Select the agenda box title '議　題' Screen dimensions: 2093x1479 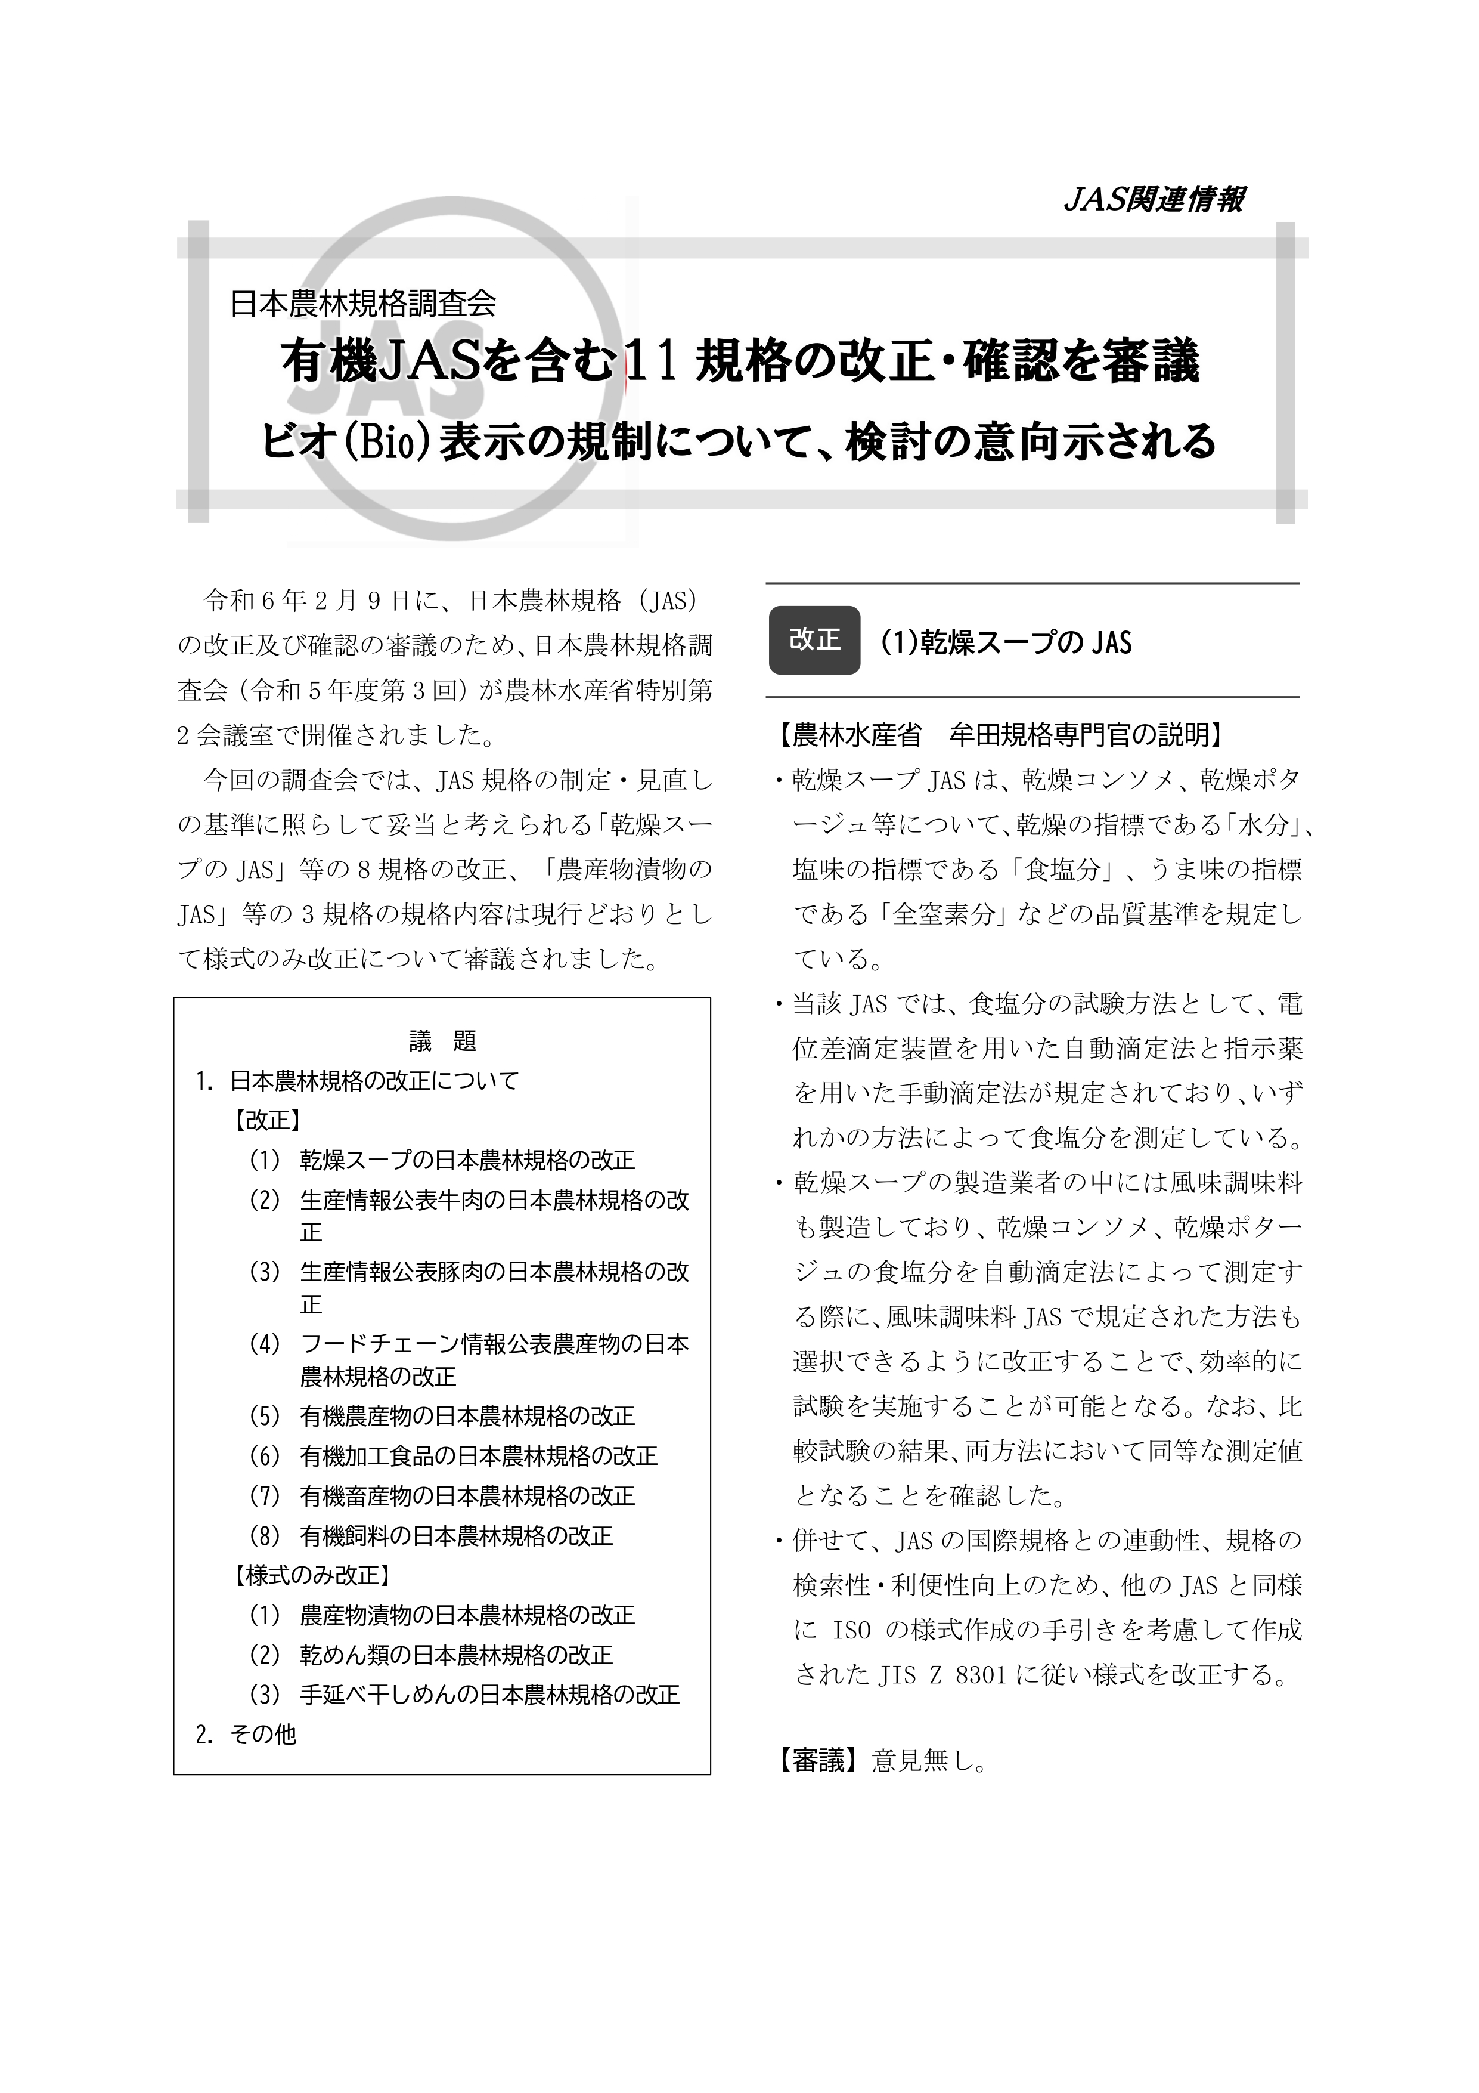443,1040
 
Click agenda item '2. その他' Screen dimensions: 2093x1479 246,1734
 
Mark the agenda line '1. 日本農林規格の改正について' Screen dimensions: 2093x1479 357,1081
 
